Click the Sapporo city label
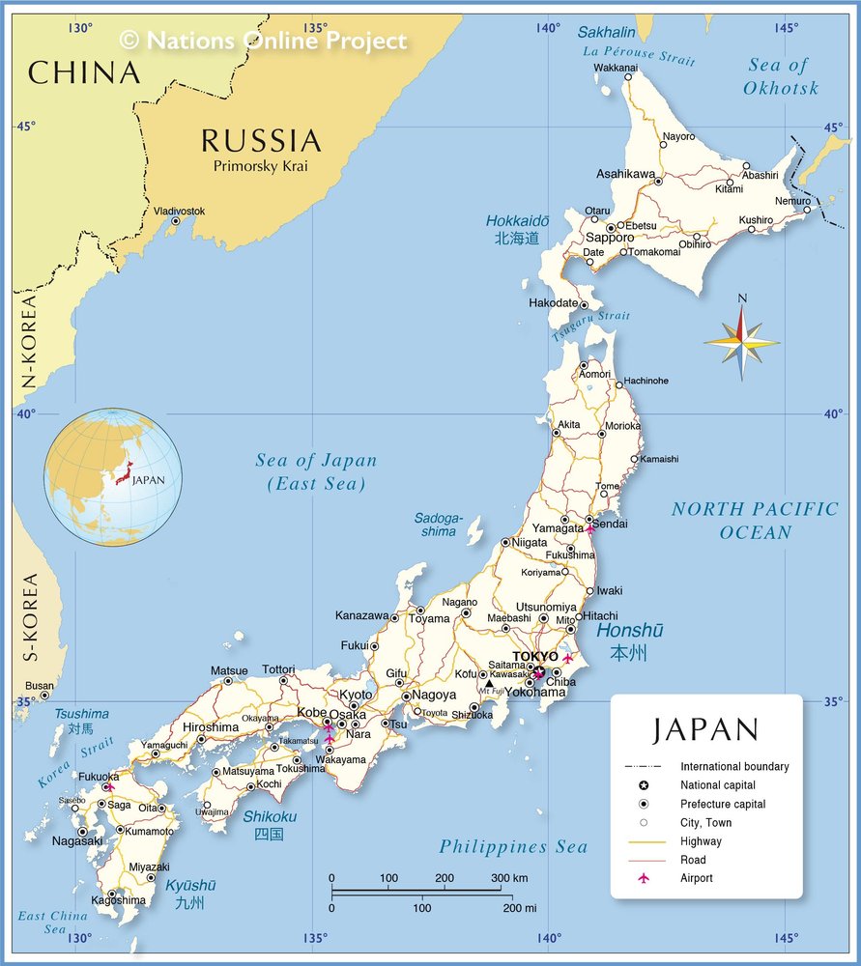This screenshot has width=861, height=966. click(609, 238)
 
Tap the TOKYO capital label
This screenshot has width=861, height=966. click(534, 657)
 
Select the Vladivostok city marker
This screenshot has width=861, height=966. click(175, 221)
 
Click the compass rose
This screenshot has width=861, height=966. click(741, 339)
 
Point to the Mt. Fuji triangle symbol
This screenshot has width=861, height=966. click(489, 683)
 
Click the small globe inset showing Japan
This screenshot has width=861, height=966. click(112, 476)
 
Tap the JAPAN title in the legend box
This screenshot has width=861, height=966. click(705, 729)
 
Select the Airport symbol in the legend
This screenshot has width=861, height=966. click(644, 878)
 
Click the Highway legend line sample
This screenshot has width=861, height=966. click(644, 841)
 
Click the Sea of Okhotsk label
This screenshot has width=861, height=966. click(780, 76)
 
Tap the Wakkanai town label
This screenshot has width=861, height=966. click(616, 68)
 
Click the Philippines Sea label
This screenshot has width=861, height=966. click(513, 847)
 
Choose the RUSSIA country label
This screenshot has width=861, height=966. click(260, 141)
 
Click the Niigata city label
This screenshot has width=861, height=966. click(529, 542)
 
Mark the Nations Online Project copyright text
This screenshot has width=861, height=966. click(263, 41)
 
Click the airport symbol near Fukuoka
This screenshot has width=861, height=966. click(108, 787)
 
